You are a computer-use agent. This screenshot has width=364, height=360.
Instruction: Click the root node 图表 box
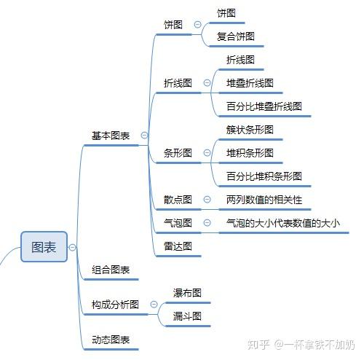click(x=44, y=247)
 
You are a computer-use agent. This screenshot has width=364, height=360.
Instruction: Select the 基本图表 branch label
click(x=111, y=136)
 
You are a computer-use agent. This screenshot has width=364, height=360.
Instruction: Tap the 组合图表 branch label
click(x=111, y=270)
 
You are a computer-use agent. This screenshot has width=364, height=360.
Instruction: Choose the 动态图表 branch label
click(x=111, y=340)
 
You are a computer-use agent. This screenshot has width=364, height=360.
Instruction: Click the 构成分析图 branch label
click(x=115, y=305)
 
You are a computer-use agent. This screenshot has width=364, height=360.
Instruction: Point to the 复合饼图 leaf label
click(x=236, y=36)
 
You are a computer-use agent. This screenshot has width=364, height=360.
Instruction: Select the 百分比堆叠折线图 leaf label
click(x=264, y=106)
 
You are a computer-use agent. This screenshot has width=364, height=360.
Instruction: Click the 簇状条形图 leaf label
click(x=250, y=130)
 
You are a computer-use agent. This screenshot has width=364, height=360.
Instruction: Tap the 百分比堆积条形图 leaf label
click(x=264, y=176)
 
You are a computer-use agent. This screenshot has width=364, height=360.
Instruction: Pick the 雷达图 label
click(x=178, y=246)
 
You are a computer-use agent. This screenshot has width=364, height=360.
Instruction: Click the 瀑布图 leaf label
click(x=187, y=293)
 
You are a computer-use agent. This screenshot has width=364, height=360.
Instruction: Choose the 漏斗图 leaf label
click(x=187, y=316)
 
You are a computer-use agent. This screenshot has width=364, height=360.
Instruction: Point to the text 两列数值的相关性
click(x=264, y=200)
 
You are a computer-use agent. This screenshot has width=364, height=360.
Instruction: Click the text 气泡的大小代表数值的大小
click(x=283, y=223)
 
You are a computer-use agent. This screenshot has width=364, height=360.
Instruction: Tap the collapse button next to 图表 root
click(x=72, y=247)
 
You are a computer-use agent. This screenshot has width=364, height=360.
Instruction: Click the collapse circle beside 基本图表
click(x=144, y=135)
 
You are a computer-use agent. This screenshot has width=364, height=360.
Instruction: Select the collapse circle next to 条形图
click(x=207, y=153)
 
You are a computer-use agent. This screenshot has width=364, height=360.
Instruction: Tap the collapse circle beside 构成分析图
click(x=154, y=304)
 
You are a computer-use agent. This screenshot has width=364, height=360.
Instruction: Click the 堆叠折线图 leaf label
click(x=250, y=83)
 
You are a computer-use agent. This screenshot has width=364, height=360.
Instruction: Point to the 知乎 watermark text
click(x=258, y=345)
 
